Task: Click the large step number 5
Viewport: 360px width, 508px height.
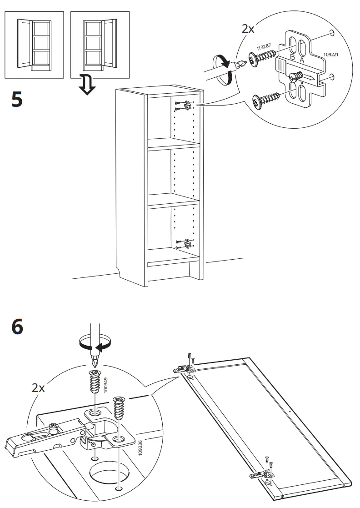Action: click(16, 99)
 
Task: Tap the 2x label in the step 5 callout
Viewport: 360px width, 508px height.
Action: click(248, 29)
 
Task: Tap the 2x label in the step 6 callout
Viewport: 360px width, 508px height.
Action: click(38, 388)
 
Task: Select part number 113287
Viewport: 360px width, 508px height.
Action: click(264, 46)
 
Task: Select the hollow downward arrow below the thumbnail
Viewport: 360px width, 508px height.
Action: click(86, 86)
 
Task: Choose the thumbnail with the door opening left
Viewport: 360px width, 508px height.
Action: click(34, 45)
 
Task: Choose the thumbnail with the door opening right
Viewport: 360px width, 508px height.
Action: click(100, 45)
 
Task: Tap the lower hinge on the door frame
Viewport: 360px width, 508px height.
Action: click(260, 474)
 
